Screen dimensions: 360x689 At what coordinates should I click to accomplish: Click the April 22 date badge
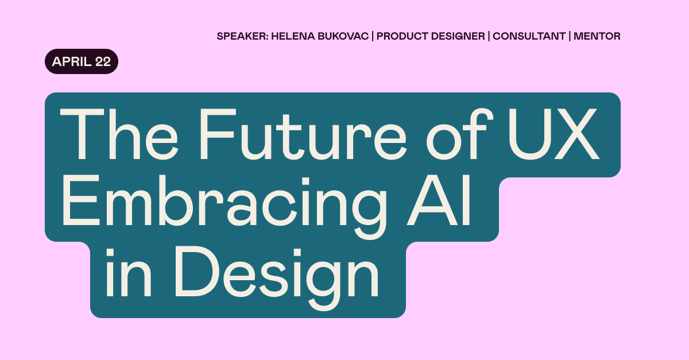coord(81,61)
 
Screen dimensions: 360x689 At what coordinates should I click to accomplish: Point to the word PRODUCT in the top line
coord(400,36)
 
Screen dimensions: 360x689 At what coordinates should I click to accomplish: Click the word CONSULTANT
coord(529,36)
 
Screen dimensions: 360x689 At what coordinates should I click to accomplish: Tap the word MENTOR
coord(597,36)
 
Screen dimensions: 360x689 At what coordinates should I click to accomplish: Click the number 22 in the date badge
coord(103,61)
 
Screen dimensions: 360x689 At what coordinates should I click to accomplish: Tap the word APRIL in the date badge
coord(71,61)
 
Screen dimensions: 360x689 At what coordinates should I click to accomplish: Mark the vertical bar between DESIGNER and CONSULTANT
coord(489,36)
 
